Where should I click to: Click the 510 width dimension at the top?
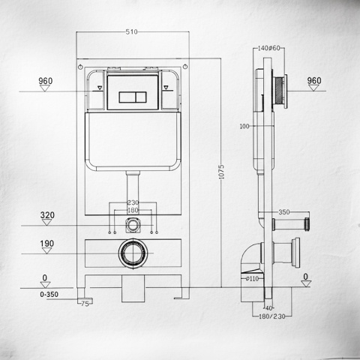pyautogui.click(x=131, y=32)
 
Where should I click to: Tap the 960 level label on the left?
pyautogui.click(x=45, y=79)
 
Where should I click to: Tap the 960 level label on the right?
pyautogui.click(x=313, y=80)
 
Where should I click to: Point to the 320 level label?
pyautogui.click(x=47, y=215)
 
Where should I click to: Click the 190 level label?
pyautogui.click(x=47, y=244)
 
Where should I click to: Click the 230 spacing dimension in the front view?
pyautogui.click(x=133, y=202)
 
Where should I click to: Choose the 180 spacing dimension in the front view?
pyautogui.click(x=133, y=210)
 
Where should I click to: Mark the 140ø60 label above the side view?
pyautogui.click(x=268, y=49)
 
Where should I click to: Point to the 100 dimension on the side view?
pyautogui.click(x=244, y=126)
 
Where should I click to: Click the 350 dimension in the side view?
pyautogui.click(x=283, y=212)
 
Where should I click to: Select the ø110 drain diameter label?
pyautogui.click(x=252, y=279)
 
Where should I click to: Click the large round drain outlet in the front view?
pyautogui.click(x=132, y=253)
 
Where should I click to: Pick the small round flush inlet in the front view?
pyautogui.click(x=133, y=223)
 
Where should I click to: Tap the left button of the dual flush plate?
pyautogui.click(x=125, y=97)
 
